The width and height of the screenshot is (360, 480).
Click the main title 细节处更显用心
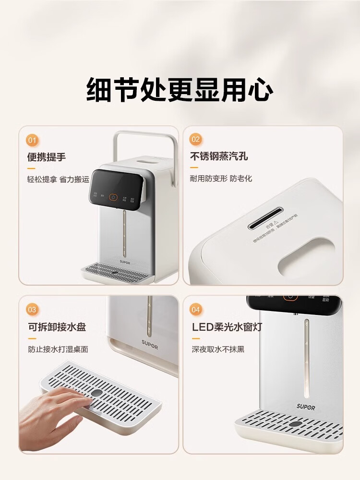pyautogui.click(x=180, y=89)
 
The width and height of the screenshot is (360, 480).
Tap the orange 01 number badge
pyautogui.click(x=32, y=141)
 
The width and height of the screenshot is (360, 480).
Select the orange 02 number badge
pyautogui.click(x=196, y=140)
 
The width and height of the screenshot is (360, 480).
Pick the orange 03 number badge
pyautogui.click(x=32, y=310)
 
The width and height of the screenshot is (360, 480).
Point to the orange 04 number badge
pyautogui.click(x=196, y=310)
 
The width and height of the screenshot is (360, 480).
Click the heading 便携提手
pyautogui.click(x=47, y=157)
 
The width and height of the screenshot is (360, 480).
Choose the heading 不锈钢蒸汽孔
pyautogui.click(x=219, y=157)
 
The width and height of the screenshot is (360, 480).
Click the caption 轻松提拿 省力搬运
pyautogui.click(x=58, y=179)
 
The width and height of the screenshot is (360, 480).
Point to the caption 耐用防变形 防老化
pyautogui.click(x=221, y=179)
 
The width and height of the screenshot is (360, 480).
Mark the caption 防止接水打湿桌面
pyautogui.click(x=58, y=349)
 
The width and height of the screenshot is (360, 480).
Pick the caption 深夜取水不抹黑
pyautogui.click(x=218, y=349)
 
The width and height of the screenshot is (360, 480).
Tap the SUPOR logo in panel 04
pyautogui.click(x=306, y=407)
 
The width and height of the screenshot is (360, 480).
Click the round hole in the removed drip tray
pyautogui.click(x=97, y=392)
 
